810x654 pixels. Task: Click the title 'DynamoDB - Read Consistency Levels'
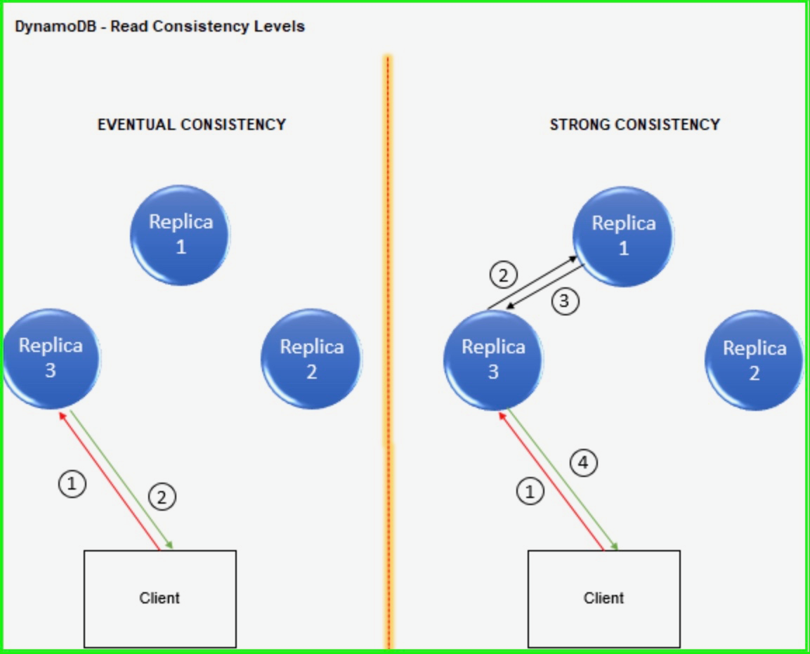[159, 27]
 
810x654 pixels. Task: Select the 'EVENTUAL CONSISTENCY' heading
[192, 125]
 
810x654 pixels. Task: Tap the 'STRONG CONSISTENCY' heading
[634, 125]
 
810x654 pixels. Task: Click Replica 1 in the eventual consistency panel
[181, 235]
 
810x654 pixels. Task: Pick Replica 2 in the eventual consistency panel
[311, 359]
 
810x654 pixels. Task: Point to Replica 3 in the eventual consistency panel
[51, 358]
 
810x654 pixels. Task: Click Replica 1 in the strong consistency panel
[623, 236]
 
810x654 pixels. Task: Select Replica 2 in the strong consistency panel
[754, 360]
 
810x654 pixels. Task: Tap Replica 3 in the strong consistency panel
[493, 359]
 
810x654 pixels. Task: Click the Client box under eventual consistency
[160, 599]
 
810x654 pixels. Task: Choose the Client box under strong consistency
[603, 599]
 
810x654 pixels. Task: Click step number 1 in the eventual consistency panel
[72, 484]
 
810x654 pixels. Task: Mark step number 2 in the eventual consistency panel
[162, 497]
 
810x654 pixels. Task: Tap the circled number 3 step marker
[565, 301]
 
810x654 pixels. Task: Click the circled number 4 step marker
[583, 463]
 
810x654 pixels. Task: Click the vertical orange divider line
[387, 281]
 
